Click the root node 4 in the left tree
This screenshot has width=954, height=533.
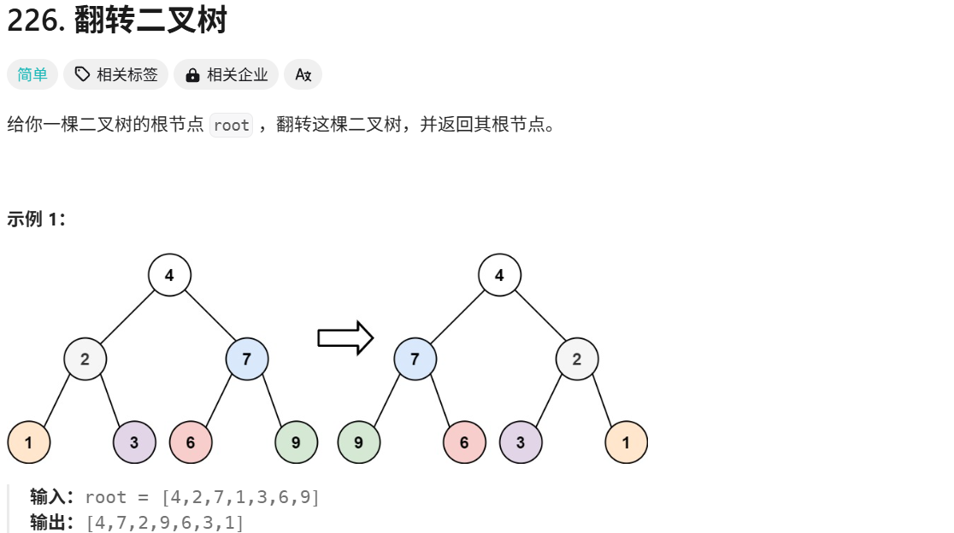pos(169,275)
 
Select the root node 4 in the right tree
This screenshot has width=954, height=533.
pos(499,275)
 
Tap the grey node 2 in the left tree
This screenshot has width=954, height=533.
pos(85,359)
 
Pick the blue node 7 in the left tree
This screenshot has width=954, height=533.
pos(247,359)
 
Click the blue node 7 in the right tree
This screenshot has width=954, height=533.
pos(415,359)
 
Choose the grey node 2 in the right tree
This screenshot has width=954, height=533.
pos(577,359)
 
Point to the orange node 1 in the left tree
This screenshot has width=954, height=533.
pos(29,442)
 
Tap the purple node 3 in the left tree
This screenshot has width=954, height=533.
pos(134,442)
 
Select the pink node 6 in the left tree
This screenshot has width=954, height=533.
pos(191,442)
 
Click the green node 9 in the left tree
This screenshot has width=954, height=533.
pos(296,442)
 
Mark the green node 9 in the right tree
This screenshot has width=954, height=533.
pos(359,442)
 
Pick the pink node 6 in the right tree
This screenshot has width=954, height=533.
pos(464,442)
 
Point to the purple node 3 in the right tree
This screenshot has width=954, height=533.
pos(521,442)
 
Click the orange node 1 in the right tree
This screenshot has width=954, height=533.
pos(626,442)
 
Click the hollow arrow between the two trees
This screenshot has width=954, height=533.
pos(345,338)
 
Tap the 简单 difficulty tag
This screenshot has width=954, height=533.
pos(32,74)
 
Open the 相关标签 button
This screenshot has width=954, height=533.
pos(116,74)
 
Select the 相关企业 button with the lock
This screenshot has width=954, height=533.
pos(227,74)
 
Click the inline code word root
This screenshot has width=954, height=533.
pos(231,126)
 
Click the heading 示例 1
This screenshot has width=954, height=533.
pos(37,219)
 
